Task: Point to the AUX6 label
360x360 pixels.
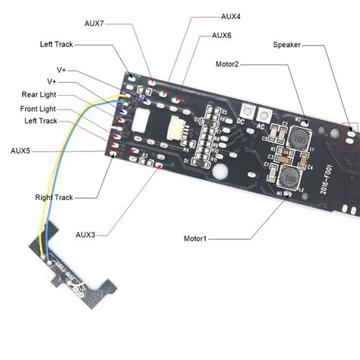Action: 222,35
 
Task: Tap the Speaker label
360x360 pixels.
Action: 288,45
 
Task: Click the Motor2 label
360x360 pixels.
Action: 227,65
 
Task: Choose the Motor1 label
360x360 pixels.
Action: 195,238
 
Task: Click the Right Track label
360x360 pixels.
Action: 54,197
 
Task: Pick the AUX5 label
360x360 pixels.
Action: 21,151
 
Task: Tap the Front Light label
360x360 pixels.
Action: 39,108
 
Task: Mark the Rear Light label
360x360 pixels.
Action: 39,95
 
